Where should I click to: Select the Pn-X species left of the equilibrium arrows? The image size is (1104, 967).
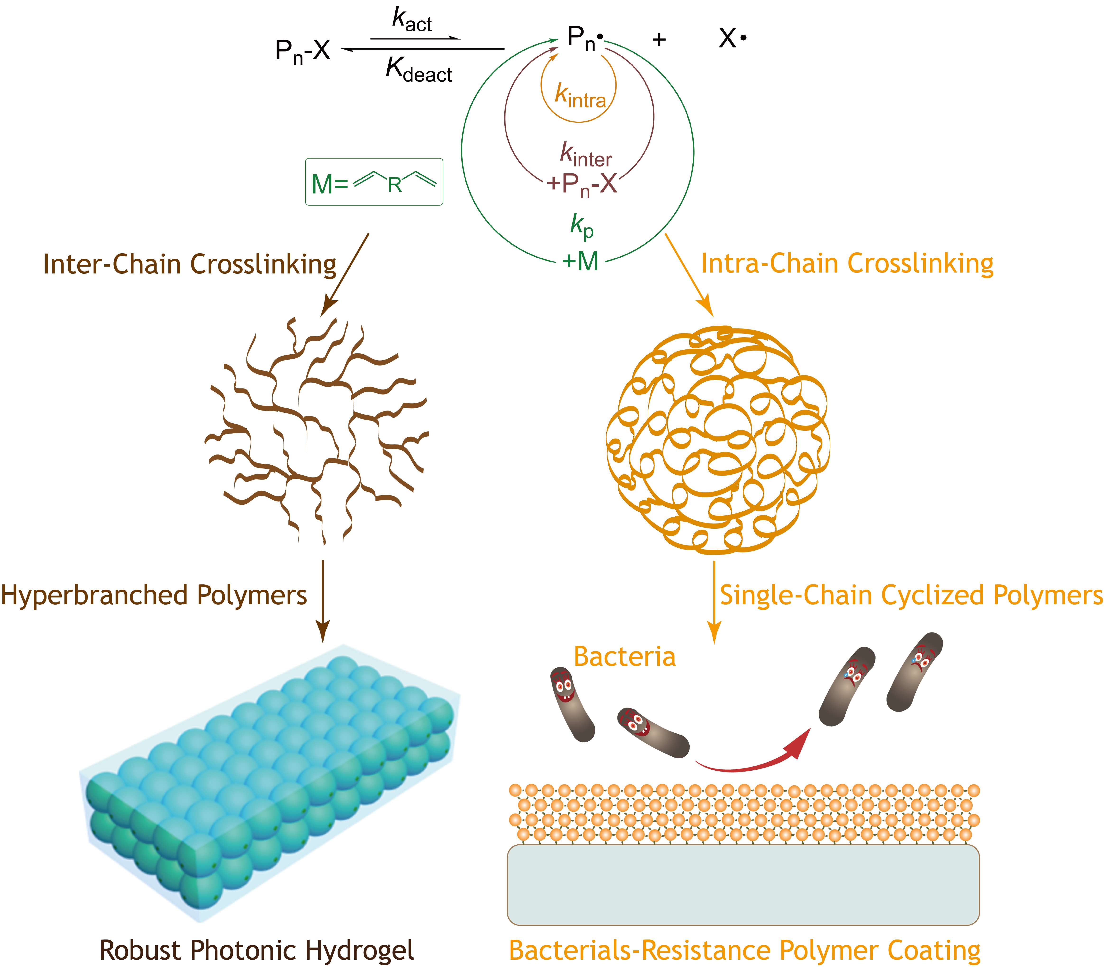click(302, 51)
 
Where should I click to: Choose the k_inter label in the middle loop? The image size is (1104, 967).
click(585, 155)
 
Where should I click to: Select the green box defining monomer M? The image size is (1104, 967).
click(374, 182)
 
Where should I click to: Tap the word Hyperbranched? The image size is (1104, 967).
click(94, 595)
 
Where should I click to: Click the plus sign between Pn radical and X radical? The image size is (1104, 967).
click(659, 39)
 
